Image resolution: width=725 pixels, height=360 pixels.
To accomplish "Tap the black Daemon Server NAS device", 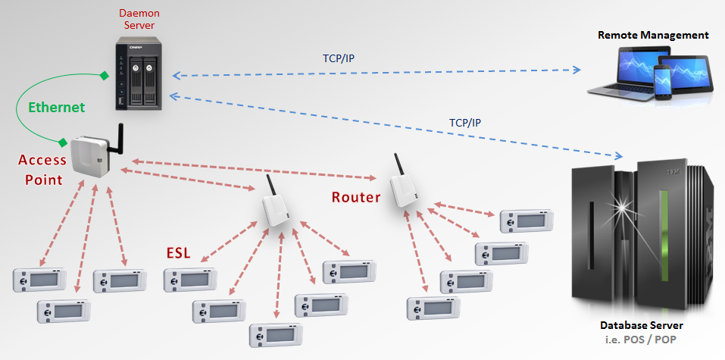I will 140,76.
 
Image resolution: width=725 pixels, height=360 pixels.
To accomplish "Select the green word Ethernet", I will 57,107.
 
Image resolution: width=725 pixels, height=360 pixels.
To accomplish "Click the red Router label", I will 356,198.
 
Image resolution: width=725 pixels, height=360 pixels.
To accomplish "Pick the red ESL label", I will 178,252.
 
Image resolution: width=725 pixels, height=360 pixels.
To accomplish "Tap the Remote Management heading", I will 653,35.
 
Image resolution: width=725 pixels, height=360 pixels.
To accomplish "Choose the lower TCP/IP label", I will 465,122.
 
